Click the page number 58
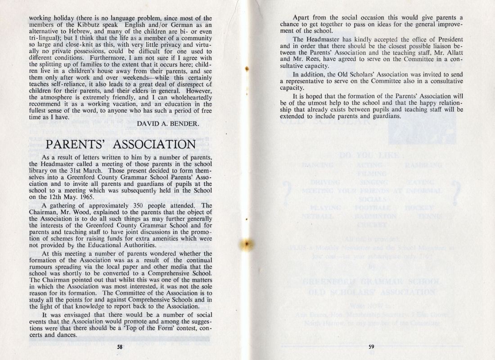pyautogui.click(x=120, y=346)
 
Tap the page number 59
pyautogui.click(x=371, y=346)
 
